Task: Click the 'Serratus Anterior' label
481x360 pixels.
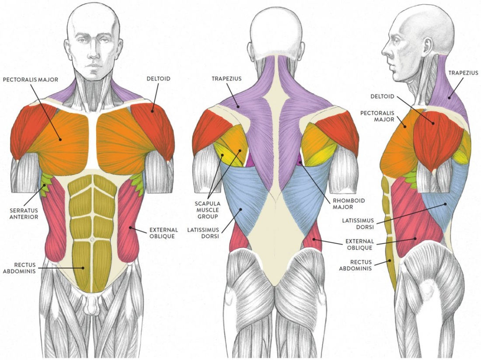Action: (24, 213)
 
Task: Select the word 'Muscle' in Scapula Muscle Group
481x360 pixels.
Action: (207, 210)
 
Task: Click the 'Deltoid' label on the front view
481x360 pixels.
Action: (158, 79)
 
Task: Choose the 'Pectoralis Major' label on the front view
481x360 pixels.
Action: (30, 80)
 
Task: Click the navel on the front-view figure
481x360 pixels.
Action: (92, 239)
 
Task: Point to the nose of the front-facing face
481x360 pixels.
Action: (93, 52)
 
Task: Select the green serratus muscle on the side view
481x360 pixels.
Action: (410, 179)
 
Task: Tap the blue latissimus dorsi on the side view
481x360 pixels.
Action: (446, 196)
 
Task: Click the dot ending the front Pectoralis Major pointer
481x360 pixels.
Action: (60, 140)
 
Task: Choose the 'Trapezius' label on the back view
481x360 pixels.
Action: (227, 79)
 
